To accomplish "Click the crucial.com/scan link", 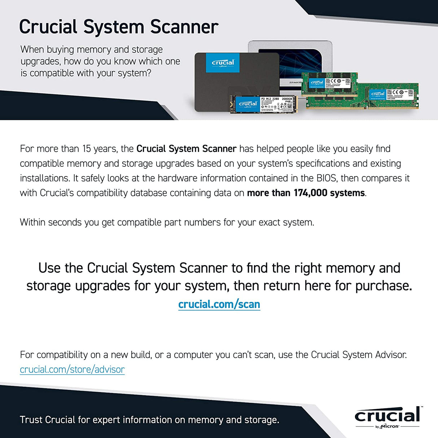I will tap(219, 304).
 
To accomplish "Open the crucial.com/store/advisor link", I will tap(72, 369).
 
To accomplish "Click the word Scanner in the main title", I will tap(184, 27).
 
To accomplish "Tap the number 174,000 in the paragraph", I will tap(310, 193).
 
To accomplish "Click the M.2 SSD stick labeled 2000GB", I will tap(263, 104).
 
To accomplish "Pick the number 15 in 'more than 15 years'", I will tap(87, 149).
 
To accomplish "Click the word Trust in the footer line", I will tap(31, 420).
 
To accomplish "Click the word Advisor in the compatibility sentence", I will tap(391, 355).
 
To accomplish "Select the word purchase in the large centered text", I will tap(383, 286).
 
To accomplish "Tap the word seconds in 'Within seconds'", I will tap(65, 222).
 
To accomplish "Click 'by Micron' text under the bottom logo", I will tap(387, 426).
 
